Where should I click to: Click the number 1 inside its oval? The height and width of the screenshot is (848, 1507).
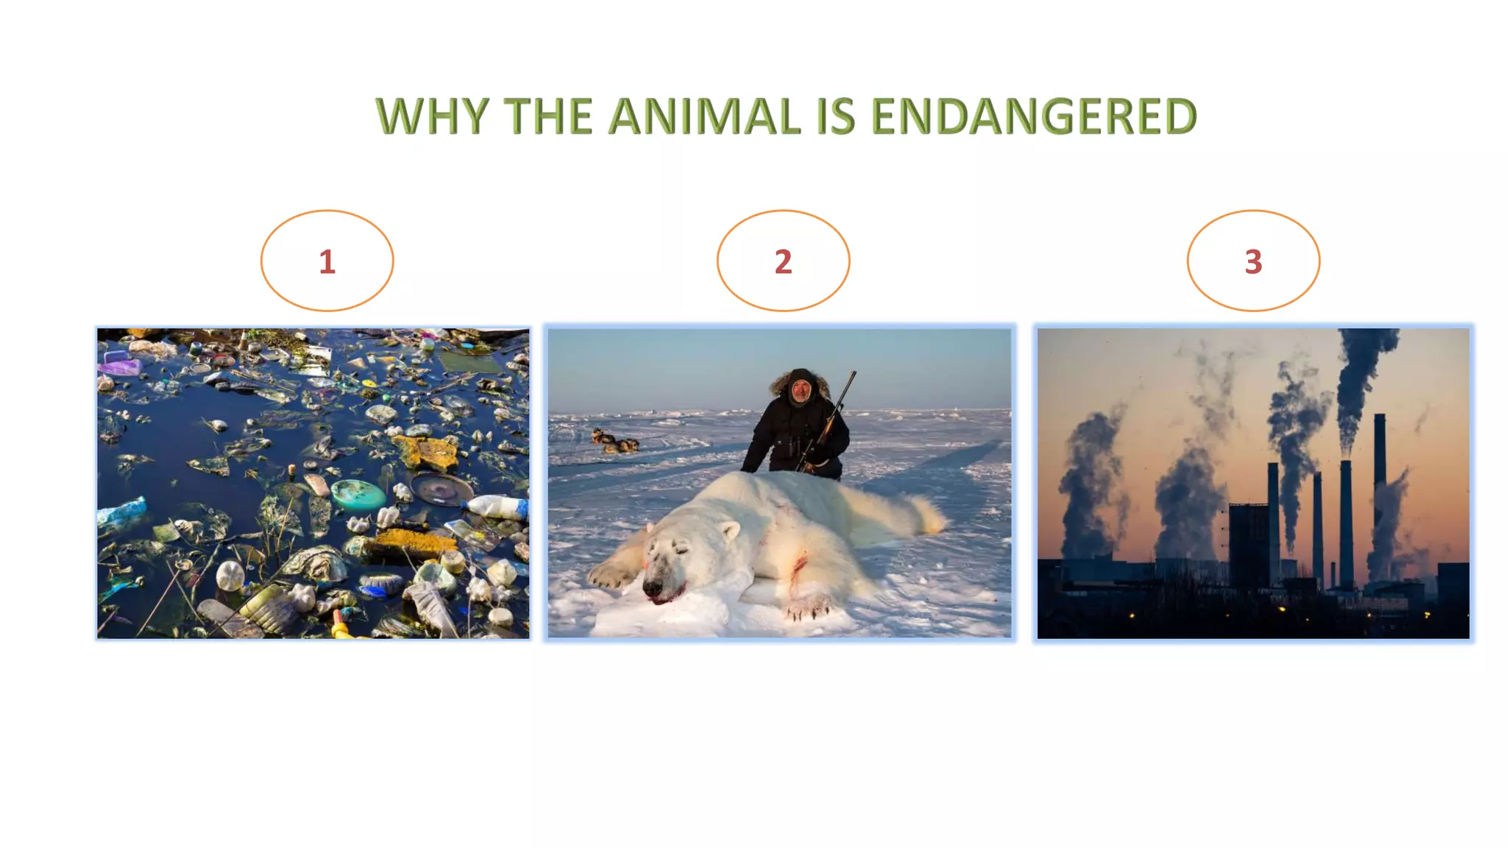click(x=327, y=262)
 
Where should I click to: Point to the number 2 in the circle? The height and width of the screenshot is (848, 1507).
click(x=783, y=262)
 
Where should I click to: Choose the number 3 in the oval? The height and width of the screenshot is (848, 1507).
click(x=1253, y=262)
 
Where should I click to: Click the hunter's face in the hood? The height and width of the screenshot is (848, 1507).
click(x=801, y=390)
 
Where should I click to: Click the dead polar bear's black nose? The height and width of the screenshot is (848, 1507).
click(x=652, y=587)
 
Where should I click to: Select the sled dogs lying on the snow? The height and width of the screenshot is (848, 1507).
click(x=615, y=442)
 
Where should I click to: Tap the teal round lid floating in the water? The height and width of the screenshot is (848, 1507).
click(x=358, y=493)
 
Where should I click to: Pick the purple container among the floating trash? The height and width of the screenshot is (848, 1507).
click(x=120, y=366)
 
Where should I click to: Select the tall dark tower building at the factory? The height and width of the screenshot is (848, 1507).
click(x=1248, y=545)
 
